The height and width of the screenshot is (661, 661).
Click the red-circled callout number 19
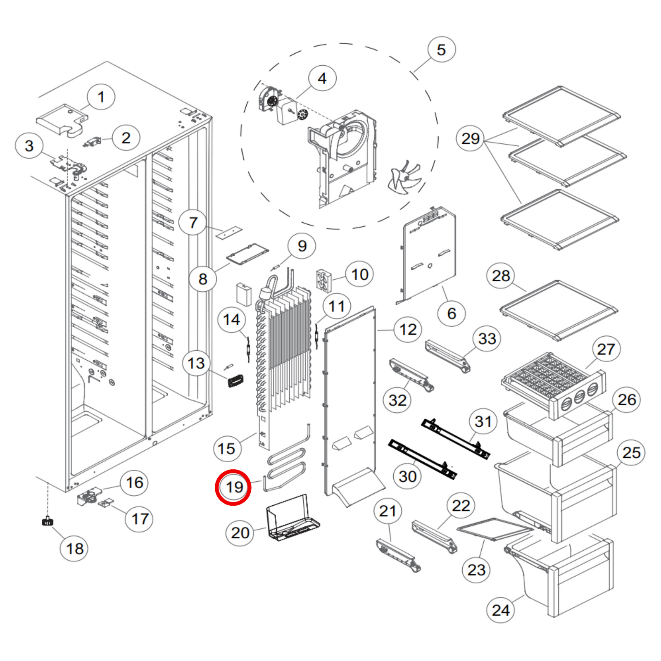233,487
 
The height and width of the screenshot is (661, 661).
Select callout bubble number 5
441,50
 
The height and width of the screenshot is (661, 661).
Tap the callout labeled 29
470,138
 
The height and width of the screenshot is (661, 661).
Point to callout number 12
408,329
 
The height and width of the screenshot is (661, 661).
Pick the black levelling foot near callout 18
48,521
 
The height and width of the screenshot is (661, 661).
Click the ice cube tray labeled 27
549,378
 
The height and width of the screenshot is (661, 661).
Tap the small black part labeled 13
236,380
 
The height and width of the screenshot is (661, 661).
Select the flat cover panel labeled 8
248,253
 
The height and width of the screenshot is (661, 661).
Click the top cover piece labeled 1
62,120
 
